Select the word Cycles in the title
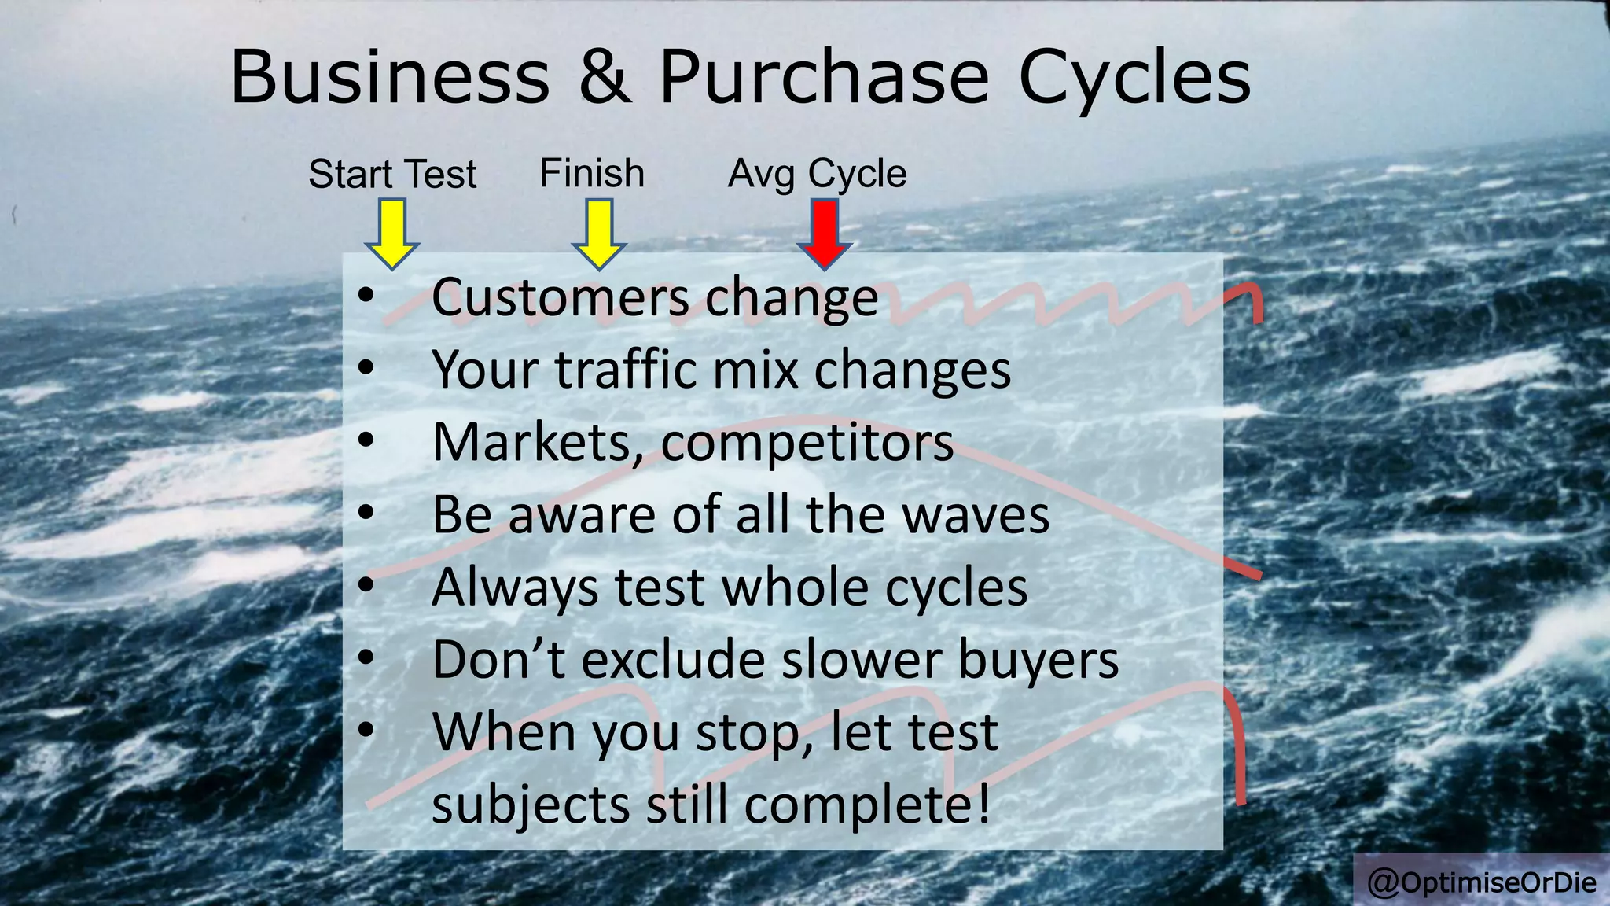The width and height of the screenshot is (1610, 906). pos(1134,79)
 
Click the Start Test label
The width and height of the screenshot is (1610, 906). pos(392,174)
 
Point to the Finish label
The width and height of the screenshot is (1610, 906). pos(591,173)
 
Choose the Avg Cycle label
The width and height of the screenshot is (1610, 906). pos(817,174)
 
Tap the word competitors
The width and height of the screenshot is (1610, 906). pos(807,442)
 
